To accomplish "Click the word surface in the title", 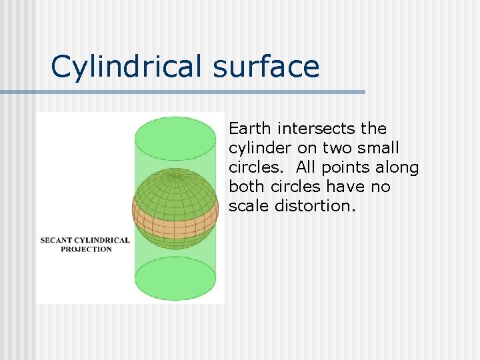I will [x=267, y=67].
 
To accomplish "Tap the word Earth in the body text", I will [x=251, y=128].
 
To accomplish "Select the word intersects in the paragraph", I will [x=316, y=128].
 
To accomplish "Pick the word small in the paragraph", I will [x=379, y=147].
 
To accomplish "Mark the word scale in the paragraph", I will [x=247, y=206].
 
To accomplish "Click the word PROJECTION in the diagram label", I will [x=86, y=249].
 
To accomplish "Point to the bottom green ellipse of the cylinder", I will [x=175, y=278].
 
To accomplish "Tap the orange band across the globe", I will [x=175, y=213].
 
